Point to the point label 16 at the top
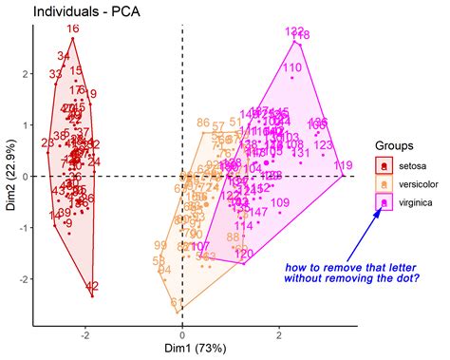pos(73,29)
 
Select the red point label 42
pos(92,286)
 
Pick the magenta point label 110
pos(292,67)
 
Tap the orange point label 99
pos(159,246)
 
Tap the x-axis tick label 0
pos(181,332)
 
